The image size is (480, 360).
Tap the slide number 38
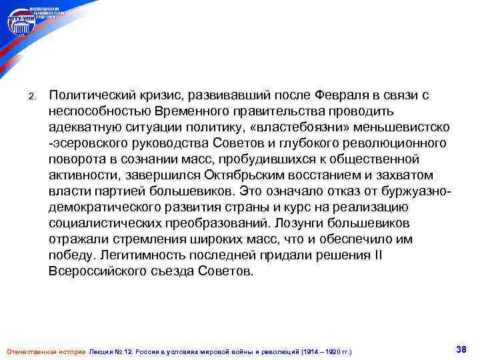[459, 349]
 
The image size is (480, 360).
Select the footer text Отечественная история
[45, 351]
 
